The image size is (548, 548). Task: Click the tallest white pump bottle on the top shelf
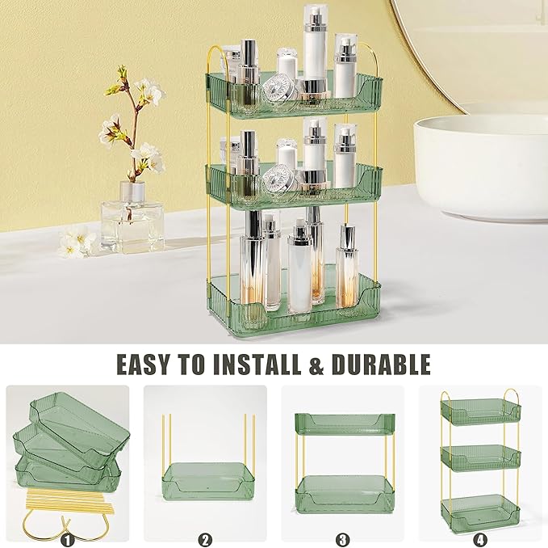coord(314,48)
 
